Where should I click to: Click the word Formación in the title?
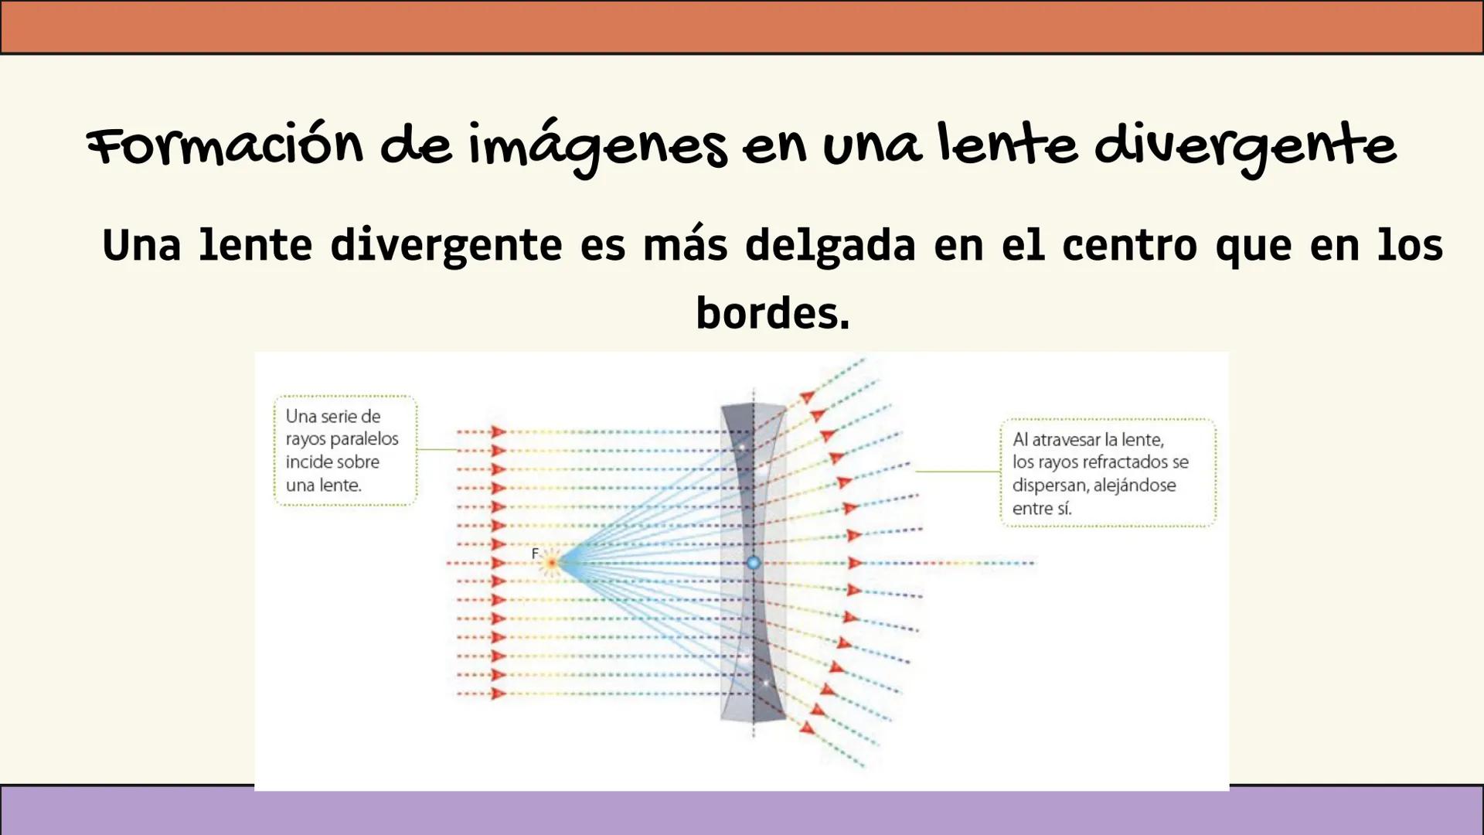[x=225, y=145]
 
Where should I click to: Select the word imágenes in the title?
[x=598, y=147]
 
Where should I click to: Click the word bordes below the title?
[x=772, y=313]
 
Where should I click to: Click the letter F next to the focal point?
[x=535, y=554]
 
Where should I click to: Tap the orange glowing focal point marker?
[x=551, y=563]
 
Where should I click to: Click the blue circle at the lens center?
[x=754, y=563]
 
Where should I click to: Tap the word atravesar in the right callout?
[x=1068, y=440]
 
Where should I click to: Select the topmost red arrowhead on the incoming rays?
[x=499, y=432]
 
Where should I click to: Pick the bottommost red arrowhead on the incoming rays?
[x=499, y=694]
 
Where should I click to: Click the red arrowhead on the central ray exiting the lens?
[x=855, y=563]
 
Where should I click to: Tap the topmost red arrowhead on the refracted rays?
[x=807, y=397]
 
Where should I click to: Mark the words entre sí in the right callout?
[x=1042, y=509]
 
